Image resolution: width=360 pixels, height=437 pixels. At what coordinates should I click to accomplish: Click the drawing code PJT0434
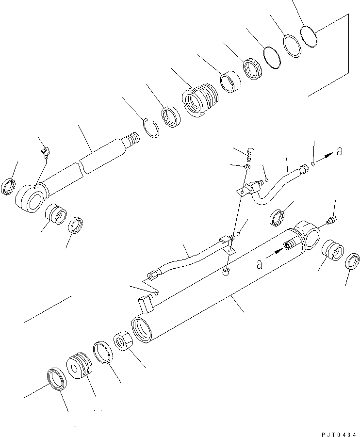coord(339,435)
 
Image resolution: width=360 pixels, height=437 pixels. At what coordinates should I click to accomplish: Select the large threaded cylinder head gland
coord(200,99)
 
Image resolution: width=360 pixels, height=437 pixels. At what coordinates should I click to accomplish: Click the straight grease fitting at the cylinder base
coord(332,220)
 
